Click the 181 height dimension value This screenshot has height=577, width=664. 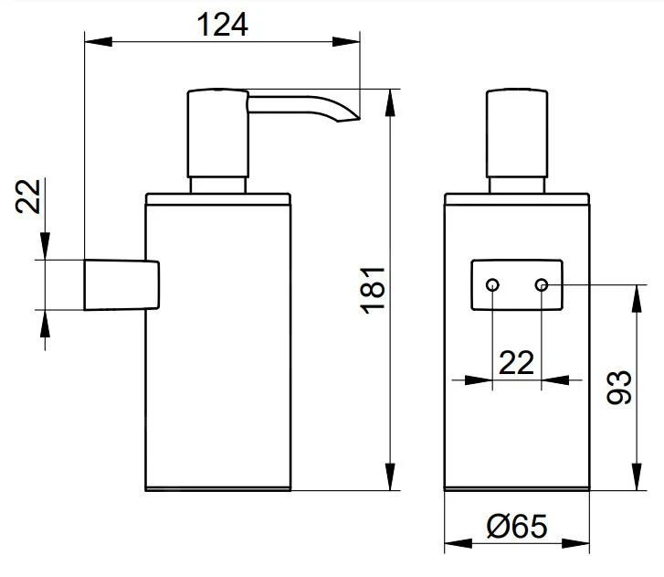coord(374,290)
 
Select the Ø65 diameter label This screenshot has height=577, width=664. coord(516,528)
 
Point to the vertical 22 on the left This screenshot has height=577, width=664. coord(31,195)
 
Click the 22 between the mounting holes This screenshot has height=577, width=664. coord(517,363)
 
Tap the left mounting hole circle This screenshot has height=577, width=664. coord(492,285)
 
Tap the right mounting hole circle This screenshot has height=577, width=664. coord(542,285)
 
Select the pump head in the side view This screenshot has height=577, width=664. coord(217,134)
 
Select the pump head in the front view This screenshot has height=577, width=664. coord(517,134)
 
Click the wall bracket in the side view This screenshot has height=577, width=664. coord(121,285)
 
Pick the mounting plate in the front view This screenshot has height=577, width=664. coord(517,285)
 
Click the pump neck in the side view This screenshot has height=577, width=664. coord(217,185)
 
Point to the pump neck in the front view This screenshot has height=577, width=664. coord(517,185)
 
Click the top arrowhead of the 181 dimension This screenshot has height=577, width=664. coord(390,96)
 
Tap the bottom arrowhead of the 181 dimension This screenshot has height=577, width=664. coord(390,484)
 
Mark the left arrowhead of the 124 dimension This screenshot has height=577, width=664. coord(92,40)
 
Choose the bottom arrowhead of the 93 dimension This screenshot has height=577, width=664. coord(635,484)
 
